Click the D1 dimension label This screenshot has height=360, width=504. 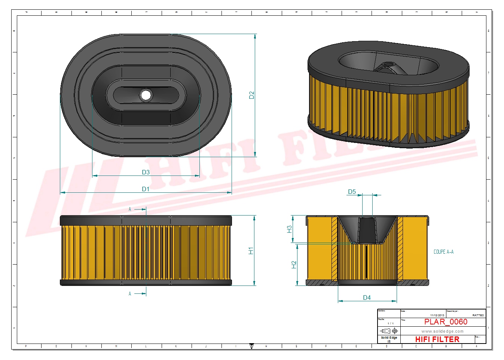pos(146,189)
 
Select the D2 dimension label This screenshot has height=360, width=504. pos(251,95)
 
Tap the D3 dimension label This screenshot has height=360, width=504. pos(146,172)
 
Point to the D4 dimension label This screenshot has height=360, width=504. pos(367,298)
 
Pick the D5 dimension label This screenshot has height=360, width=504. pos(352,192)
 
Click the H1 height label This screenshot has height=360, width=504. pos(251,251)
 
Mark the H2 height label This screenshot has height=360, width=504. pos(294,265)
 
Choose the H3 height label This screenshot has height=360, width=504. pos(289,229)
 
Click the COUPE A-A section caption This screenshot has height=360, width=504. pos(443,252)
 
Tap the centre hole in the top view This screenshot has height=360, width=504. pos(146,95)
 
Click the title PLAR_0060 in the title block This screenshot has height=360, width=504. pos(446,322)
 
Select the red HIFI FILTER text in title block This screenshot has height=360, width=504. pos(437,339)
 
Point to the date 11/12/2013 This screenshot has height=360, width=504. pos(437,315)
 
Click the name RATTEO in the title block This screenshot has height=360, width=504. pos(478,315)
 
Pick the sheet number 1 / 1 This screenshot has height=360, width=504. pos(390,323)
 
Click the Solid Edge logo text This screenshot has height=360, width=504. pos(389,338)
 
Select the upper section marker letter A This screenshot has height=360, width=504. pos(130,209)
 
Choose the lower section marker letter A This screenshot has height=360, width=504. pos(130,294)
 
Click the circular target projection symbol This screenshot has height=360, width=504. pos(394,331)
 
